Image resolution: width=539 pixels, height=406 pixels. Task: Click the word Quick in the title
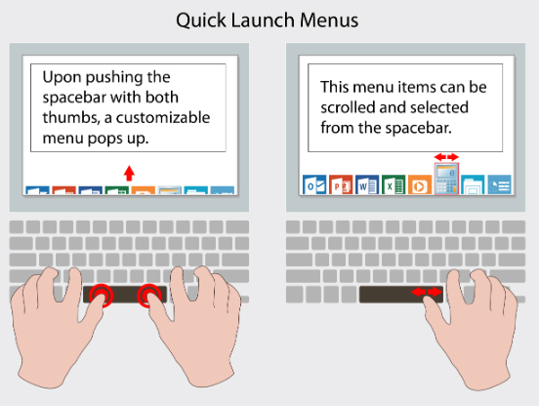[201, 20]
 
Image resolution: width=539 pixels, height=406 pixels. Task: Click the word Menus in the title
[329, 20]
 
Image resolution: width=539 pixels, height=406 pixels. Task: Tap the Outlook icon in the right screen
[314, 184]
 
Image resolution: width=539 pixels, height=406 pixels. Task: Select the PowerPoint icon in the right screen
[341, 184]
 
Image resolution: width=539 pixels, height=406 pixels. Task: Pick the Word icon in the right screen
[367, 184]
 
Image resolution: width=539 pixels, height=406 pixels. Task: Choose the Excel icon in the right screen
[394, 184]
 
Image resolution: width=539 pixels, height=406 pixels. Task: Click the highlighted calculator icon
[446, 179]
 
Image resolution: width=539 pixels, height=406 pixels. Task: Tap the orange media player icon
[420, 184]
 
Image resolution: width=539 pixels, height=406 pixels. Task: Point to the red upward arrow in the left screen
[129, 173]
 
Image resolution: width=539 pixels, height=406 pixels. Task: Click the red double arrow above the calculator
[446, 157]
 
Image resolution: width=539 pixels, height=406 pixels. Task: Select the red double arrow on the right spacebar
[427, 293]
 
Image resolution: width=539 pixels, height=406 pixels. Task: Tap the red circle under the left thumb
[102, 295]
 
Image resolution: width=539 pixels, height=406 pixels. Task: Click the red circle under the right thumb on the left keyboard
[148, 295]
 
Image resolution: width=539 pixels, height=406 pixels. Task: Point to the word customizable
[163, 118]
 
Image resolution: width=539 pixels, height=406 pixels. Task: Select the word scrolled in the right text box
[348, 107]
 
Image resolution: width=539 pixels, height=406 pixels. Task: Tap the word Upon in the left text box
[62, 78]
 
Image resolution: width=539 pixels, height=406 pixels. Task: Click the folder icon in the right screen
[473, 184]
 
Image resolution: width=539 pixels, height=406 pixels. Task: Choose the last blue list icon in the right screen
[499, 184]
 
